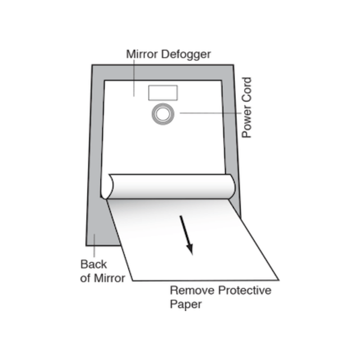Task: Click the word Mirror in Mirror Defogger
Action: pos(142,54)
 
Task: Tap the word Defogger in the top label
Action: pos(186,55)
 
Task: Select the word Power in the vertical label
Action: pos(247,122)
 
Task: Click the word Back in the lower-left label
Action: pos(93,264)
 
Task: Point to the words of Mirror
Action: pos(102,278)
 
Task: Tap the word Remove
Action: pos(192,290)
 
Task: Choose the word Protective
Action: pos(245,290)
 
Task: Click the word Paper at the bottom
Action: pos(186,305)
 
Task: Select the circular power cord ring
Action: pos(163,103)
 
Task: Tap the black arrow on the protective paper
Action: pos(186,235)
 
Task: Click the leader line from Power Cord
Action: pos(210,113)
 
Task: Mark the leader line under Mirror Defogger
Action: pos(134,78)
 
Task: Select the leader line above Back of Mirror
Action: pos(94,245)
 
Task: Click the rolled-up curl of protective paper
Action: pos(169,186)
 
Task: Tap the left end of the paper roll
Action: pos(107,186)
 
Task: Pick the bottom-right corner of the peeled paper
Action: pos(279,280)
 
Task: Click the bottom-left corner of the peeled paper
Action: pos(133,281)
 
